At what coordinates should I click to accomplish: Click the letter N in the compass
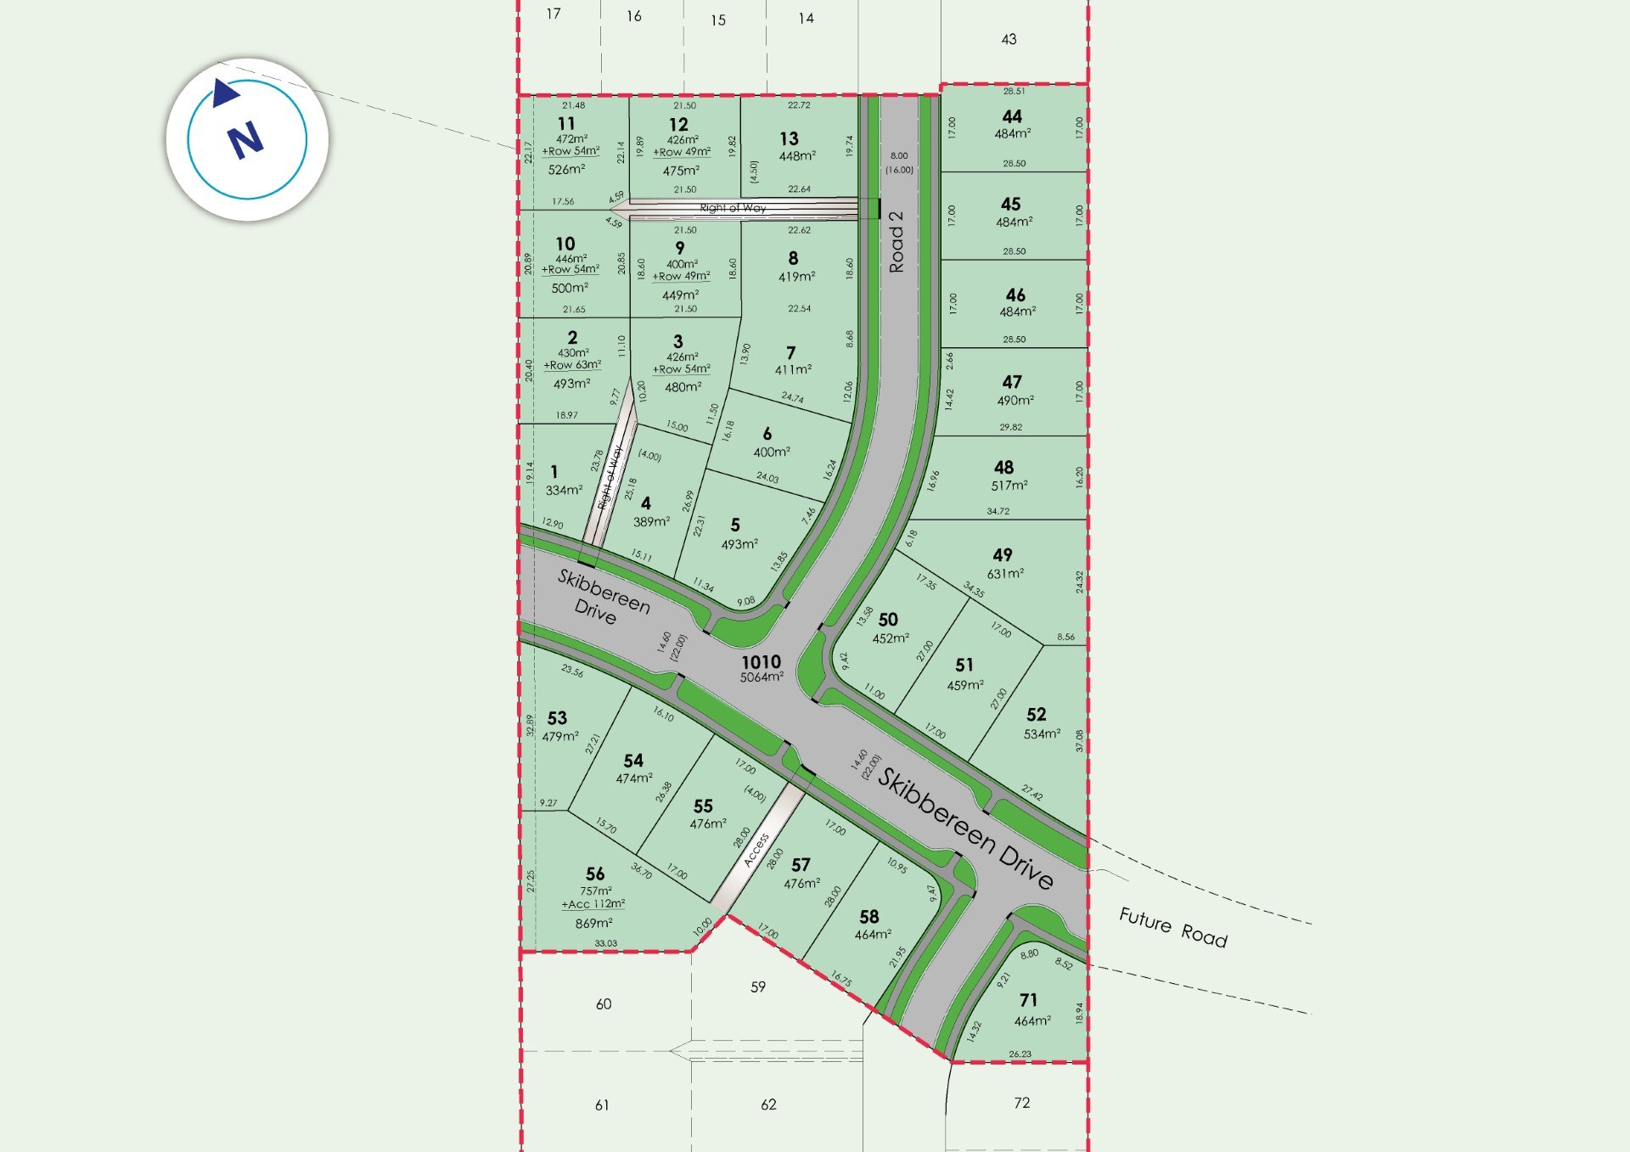(246, 140)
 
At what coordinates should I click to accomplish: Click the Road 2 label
(896, 242)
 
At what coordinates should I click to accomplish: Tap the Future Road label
(1172, 927)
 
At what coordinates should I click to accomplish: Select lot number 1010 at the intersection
(761, 662)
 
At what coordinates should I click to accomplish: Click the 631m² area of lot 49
(1005, 574)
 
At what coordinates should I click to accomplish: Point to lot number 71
(1028, 1000)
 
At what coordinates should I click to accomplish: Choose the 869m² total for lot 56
(593, 923)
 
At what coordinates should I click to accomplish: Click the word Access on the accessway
(756, 850)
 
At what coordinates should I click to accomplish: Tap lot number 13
(789, 138)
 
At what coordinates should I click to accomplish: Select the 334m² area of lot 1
(564, 490)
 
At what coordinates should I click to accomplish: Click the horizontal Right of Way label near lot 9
(733, 208)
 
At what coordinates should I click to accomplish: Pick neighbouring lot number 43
(1009, 39)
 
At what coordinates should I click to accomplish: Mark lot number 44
(1012, 116)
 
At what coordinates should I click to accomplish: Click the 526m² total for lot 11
(566, 169)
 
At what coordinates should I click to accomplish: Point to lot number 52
(1036, 715)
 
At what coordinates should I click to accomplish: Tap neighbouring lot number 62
(768, 1104)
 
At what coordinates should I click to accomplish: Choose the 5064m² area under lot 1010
(762, 677)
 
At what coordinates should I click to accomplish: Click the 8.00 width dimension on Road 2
(899, 155)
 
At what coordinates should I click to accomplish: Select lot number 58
(868, 917)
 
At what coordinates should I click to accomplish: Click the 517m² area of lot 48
(1009, 486)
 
